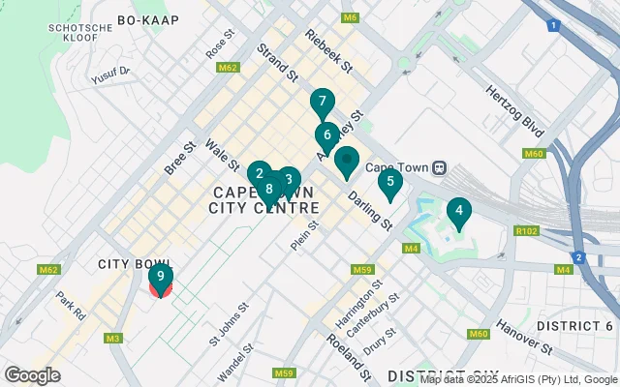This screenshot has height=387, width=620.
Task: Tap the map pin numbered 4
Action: coord(458,211)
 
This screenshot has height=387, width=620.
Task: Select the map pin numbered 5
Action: coord(390,182)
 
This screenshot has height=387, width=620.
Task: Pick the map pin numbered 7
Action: coord(323,103)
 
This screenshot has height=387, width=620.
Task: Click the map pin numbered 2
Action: coord(259,175)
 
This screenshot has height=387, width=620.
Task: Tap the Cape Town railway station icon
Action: coord(440,166)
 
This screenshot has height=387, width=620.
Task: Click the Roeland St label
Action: coord(359,354)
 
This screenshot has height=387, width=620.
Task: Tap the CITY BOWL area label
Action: coord(134,264)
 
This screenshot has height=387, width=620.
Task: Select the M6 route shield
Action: coord(350,18)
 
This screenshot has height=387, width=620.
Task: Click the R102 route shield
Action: coord(527,231)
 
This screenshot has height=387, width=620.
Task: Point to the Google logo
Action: coord(33,374)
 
